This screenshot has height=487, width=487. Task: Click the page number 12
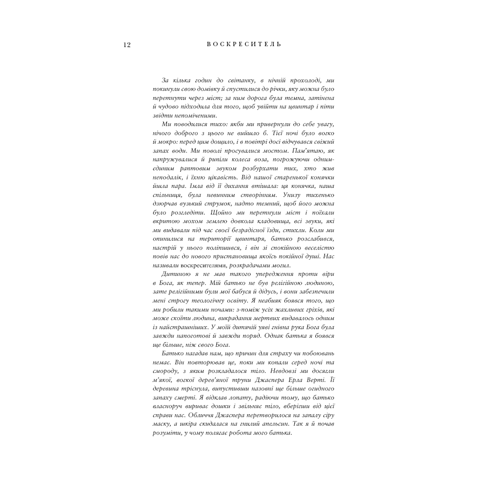coord(127,45)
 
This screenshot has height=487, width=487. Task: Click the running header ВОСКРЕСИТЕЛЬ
coord(244,44)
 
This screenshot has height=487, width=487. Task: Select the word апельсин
coord(287,423)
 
